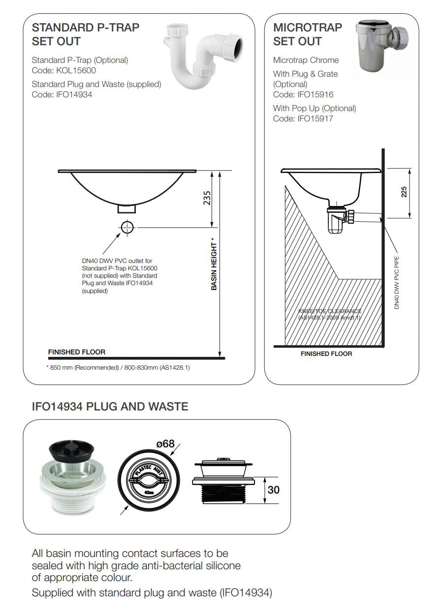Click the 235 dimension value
tap(207, 198)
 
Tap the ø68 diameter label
tap(165, 444)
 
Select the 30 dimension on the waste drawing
tap(274, 490)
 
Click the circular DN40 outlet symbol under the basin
tap(127, 227)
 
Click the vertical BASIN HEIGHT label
tap(214, 264)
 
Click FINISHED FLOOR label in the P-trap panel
tap(76, 352)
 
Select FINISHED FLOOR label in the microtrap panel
tap(326, 353)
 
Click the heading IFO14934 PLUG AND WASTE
tap(110, 407)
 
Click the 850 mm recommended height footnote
tap(118, 367)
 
